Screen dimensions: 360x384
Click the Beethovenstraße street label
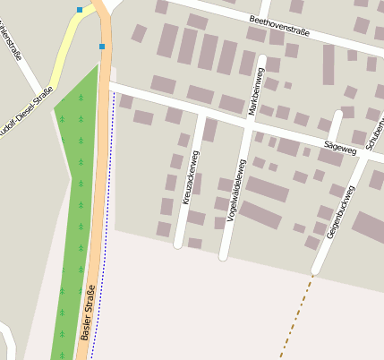click(x=278, y=24)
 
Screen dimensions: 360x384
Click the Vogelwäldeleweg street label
click(x=235, y=190)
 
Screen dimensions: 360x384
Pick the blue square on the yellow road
click(x=80, y=10)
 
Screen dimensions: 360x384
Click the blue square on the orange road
click(x=102, y=46)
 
